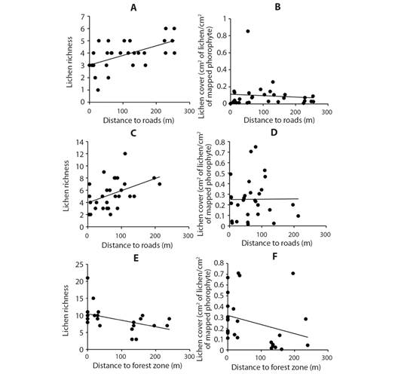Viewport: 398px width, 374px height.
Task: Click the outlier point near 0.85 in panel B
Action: point(248,31)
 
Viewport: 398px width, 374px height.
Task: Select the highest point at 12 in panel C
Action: point(125,154)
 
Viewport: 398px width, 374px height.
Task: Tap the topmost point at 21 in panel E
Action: point(87,278)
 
